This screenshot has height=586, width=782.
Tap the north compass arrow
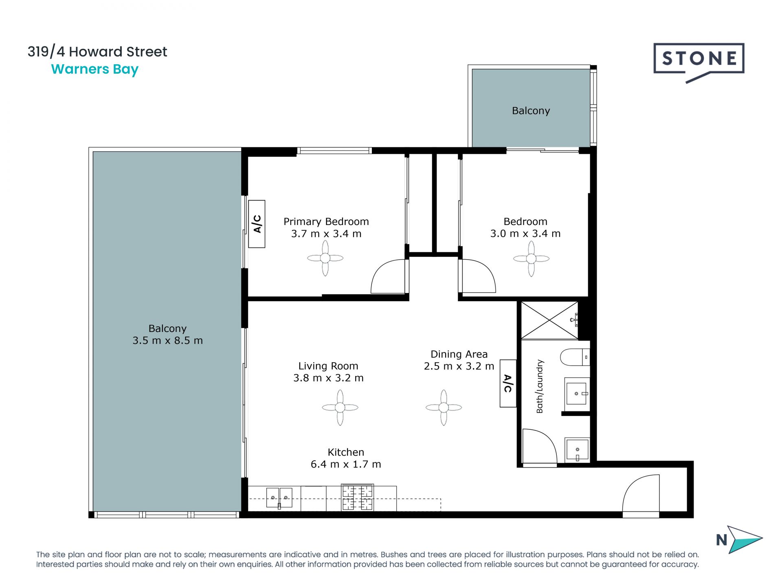coord(745,539)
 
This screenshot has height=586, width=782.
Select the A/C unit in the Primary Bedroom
coord(257,224)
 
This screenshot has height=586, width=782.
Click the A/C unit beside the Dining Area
coord(508,383)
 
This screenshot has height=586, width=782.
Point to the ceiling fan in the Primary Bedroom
coord(325,258)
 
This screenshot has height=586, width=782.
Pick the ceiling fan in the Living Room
coord(340,407)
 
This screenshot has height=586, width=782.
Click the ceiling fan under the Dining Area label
coord(444,407)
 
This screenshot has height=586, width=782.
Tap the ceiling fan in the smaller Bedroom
coord(531,258)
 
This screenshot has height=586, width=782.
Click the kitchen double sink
coord(279,498)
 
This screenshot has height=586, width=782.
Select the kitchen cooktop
coord(357,497)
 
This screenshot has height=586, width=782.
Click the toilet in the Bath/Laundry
coord(575,357)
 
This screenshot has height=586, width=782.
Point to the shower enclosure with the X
coord(549,320)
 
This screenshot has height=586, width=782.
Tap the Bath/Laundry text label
coord(540,386)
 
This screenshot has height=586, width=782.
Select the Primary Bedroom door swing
coord(389,276)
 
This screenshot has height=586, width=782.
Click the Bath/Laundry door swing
coord(540,446)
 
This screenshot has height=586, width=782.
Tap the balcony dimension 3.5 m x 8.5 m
coord(167,341)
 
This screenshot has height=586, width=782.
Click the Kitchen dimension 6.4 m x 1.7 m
coord(346,464)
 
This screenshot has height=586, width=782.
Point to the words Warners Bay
coord(95,70)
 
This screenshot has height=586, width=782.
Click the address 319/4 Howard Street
coord(97,52)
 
